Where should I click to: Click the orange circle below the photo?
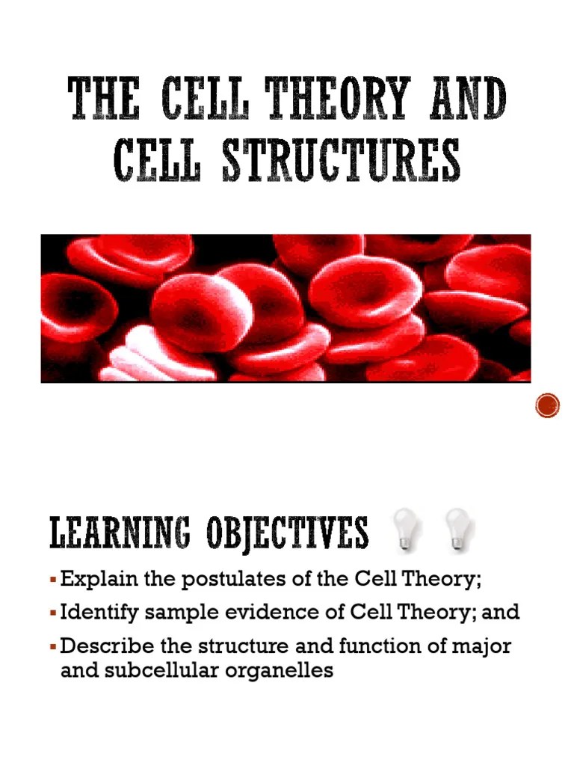[548, 405]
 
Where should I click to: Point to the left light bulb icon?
[407, 530]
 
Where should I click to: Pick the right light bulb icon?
[457, 530]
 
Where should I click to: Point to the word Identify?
[96, 613]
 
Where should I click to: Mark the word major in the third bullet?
[479, 646]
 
